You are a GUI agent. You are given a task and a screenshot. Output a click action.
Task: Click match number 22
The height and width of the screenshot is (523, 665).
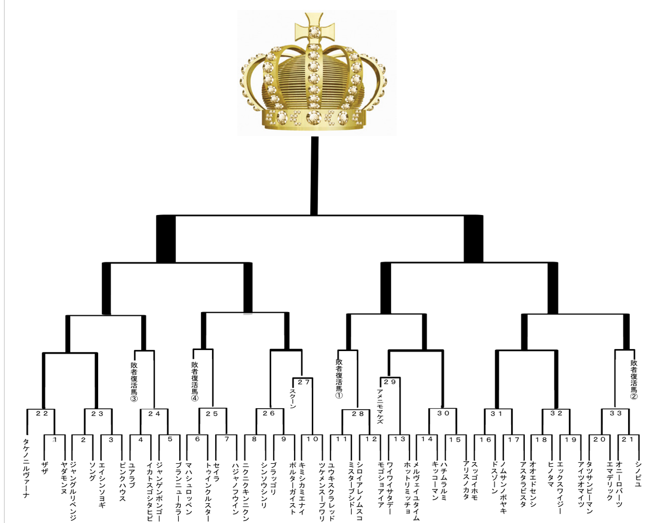tap(42, 414)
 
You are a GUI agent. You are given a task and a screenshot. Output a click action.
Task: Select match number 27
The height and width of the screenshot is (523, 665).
tap(304, 382)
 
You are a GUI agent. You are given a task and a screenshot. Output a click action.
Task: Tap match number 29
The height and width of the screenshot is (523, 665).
tap(390, 382)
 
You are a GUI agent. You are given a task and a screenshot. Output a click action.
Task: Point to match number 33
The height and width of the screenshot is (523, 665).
tap(616, 414)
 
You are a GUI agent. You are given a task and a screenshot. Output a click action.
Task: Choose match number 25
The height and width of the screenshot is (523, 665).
tap(212, 414)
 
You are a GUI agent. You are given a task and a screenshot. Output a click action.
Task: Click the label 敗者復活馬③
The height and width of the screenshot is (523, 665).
tap(134, 382)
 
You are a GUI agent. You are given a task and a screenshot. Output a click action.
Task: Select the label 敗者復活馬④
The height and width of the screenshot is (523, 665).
tap(195, 382)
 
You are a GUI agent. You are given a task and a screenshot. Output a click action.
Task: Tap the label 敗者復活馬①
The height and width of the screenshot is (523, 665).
tap(339, 379)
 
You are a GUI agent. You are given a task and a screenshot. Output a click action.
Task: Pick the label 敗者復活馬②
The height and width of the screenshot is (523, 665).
tap(634, 380)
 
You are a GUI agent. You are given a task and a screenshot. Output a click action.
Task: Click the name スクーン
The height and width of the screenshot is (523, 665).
tap(292, 399)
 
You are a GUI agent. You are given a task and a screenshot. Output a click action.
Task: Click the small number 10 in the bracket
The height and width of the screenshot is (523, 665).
tap(312, 439)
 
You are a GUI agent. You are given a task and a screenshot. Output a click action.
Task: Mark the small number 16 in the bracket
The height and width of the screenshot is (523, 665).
tap(485, 440)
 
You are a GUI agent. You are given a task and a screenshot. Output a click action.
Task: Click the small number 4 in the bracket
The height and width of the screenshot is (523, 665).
tap(140, 439)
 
